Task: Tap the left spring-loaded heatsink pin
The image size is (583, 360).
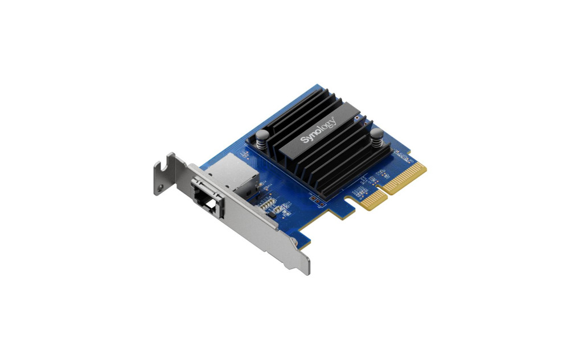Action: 262,138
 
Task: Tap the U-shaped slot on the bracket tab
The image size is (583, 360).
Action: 161,166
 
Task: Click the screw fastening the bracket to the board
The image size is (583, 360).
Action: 295,242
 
